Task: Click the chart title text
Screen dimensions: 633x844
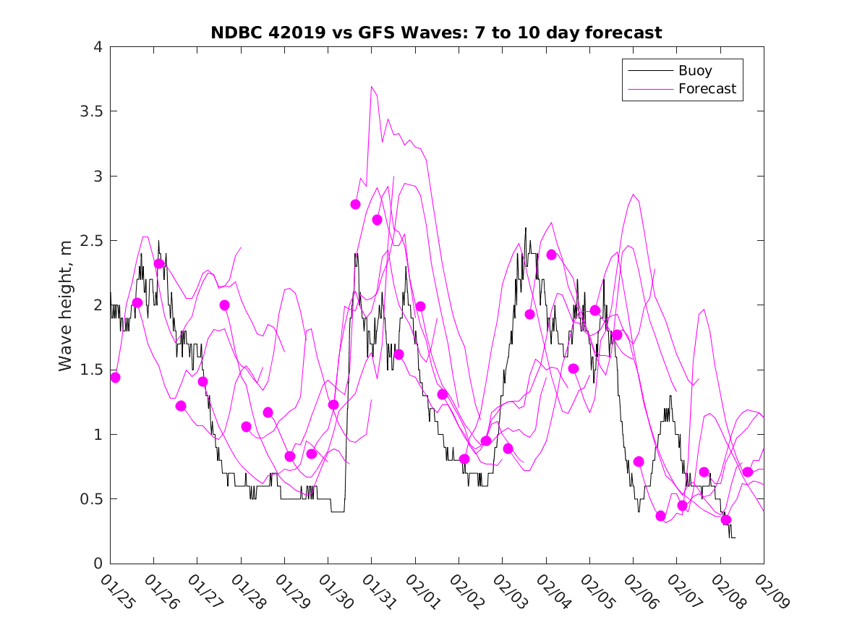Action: [436, 33]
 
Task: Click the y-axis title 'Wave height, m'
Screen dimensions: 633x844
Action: [66, 305]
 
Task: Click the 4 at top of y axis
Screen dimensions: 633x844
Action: [97, 48]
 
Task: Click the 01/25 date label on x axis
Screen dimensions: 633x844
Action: [116, 592]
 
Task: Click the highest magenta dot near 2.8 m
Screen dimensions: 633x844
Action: [355, 204]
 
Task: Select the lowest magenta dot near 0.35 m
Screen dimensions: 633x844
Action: [726, 519]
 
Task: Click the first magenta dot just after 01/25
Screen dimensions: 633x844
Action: [115, 378]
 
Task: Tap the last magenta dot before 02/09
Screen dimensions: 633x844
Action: [748, 472]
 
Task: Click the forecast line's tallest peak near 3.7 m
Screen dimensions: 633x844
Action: [372, 87]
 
